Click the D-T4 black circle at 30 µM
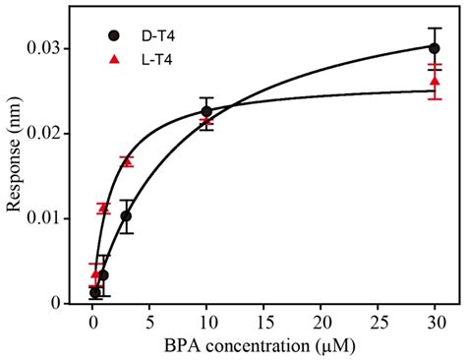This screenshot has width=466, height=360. click(434, 47)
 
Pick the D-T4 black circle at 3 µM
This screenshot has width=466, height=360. click(126, 215)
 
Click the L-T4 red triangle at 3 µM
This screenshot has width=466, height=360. click(126, 160)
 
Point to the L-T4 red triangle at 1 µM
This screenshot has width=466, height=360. click(103, 208)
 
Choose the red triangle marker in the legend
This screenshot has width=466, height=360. click(114, 60)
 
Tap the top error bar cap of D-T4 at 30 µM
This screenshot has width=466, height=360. click(434, 28)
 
